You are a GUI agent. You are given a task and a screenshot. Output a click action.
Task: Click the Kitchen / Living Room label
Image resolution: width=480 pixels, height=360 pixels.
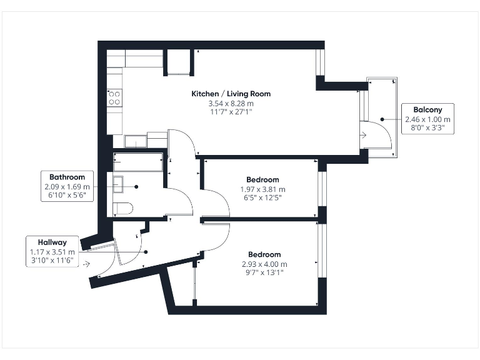[231, 94]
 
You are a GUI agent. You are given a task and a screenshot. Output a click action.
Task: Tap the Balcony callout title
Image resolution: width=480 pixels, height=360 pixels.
[427, 110]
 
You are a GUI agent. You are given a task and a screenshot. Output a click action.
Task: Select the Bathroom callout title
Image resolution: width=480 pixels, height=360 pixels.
[67, 177]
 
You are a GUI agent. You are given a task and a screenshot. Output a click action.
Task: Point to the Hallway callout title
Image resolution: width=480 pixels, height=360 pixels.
[52, 242]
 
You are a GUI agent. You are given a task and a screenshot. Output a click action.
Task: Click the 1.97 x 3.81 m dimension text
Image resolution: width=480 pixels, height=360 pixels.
[262, 189]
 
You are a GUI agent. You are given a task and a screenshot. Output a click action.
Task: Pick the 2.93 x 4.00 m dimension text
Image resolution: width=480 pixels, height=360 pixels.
[264, 264]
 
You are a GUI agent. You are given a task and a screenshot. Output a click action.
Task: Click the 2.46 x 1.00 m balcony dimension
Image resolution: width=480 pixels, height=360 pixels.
[427, 119]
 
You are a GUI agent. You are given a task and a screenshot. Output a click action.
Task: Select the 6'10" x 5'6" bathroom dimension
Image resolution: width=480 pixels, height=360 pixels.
[67, 196]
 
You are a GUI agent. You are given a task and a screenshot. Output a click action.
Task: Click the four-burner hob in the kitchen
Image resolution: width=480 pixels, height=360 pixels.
[114, 97]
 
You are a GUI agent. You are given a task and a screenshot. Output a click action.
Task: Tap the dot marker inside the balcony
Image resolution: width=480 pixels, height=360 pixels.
[381, 119]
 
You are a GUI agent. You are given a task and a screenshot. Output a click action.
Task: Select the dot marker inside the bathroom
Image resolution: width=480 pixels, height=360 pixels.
[136, 186]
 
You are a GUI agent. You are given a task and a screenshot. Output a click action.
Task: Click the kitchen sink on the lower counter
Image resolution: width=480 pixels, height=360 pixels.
[136, 141]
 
